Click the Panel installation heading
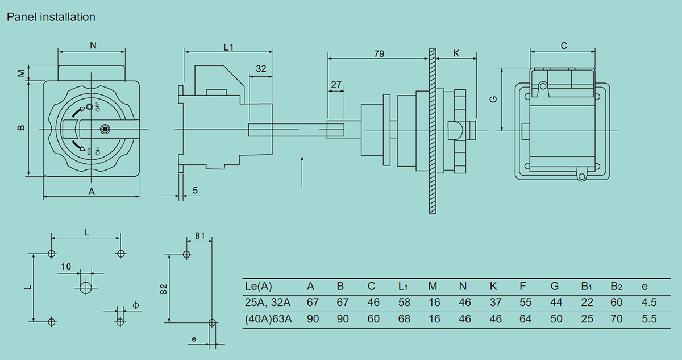click(x=51, y=18)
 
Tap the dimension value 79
click(x=379, y=53)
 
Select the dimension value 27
click(x=336, y=85)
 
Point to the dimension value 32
click(x=261, y=68)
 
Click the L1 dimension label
click(x=228, y=47)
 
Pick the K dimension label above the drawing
click(x=456, y=53)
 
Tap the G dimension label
click(x=493, y=100)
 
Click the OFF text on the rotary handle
click(x=98, y=107)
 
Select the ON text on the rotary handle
click(x=98, y=151)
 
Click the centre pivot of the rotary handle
click(x=105, y=129)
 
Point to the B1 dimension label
click(x=200, y=236)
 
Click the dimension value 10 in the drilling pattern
click(x=66, y=267)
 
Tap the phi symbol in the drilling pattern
click(x=136, y=305)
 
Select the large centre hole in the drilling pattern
click(x=86, y=288)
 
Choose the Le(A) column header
click(x=258, y=286)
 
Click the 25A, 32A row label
click(x=268, y=303)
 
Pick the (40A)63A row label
click(x=268, y=319)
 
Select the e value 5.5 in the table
click(x=649, y=319)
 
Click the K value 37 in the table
click(x=496, y=302)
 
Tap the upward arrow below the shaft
click(x=302, y=171)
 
